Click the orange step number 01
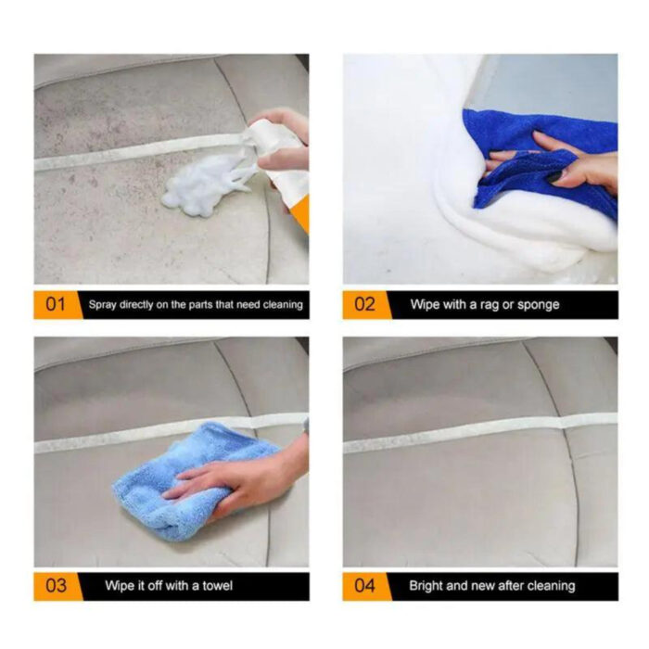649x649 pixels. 56,304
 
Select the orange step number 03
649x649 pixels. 56,585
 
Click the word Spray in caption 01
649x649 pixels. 103,304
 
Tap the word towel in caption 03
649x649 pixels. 213,586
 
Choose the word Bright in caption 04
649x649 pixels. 427,586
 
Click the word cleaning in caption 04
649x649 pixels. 548,586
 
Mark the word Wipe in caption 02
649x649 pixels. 426,304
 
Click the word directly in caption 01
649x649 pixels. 140,304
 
